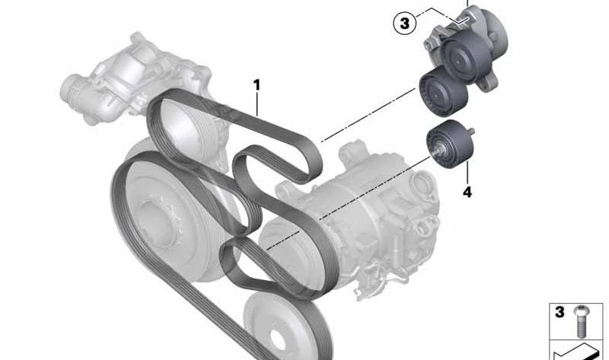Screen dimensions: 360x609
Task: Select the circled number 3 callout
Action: [x=404, y=24]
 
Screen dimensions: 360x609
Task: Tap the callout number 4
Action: [x=467, y=193]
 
